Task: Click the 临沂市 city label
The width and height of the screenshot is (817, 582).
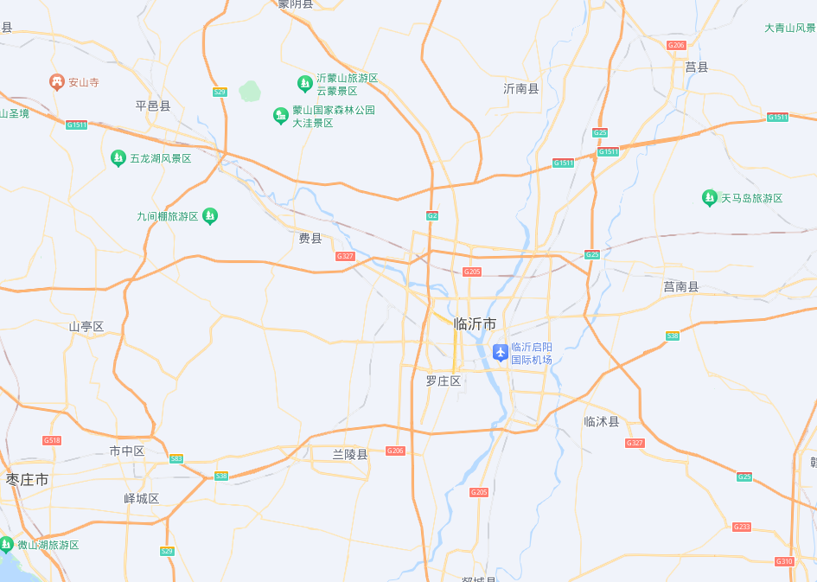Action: point(475,323)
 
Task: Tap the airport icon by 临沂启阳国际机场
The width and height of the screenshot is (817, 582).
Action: point(500,352)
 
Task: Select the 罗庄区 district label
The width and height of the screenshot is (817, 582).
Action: point(444,381)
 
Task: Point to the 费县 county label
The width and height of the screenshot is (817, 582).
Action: point(310,239)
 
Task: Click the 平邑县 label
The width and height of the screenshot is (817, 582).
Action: point(153,106)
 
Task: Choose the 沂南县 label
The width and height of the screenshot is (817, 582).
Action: point(521,88)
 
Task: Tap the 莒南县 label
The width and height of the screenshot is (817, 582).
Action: point(680,286)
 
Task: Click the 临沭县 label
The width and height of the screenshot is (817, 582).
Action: point(602,421)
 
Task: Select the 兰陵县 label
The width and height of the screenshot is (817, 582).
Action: point(350,454)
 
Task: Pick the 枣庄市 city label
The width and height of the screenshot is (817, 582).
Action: point(28,479)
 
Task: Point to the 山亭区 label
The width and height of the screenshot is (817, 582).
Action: point(86,326)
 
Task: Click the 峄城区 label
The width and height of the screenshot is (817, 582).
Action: point(142,498)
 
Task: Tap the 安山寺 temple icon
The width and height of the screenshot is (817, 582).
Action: point(57,82)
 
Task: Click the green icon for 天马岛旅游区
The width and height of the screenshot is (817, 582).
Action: point(710,198)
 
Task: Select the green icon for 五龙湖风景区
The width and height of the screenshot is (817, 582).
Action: point(118,158)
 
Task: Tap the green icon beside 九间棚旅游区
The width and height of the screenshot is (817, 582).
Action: point(209,216)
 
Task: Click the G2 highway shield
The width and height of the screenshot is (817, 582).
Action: point(432,215)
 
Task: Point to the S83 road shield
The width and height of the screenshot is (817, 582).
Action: point(176,458)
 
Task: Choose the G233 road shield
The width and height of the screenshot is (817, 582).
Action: point(741,527)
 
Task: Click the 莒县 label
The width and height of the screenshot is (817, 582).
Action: point(697,67)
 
